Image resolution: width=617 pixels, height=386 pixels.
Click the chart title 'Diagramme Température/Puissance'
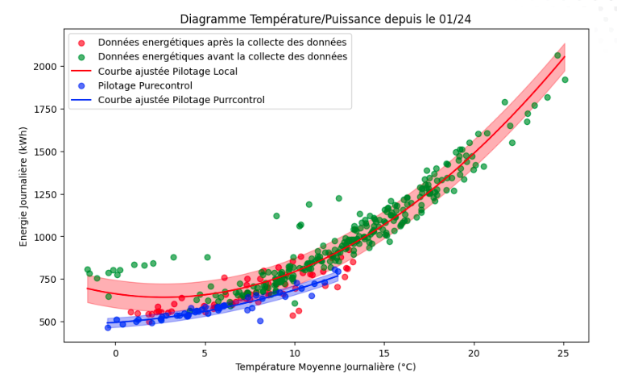(x=325, y=19)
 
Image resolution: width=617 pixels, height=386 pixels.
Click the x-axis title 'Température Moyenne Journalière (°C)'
(x=325, y=367)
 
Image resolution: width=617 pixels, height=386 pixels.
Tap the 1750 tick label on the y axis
(x=47, y=109)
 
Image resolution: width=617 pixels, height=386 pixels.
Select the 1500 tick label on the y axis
(x=47, y=151)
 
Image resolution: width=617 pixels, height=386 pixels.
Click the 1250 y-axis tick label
(x=47, y=194)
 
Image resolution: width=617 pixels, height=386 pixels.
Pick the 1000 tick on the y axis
(x=47, y=237)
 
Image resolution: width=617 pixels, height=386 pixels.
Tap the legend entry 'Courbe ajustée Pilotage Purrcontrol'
(x=181, y=100)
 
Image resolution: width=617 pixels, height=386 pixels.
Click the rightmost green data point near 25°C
(x=565, y=80)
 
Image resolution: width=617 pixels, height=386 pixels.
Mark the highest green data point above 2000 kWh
(x=557, y=56)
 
